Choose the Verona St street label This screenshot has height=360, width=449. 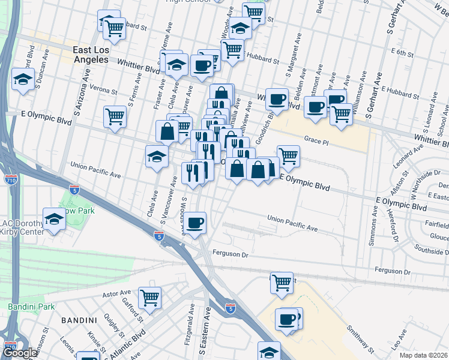(x=103, y=91)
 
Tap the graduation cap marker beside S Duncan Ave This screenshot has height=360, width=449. (x=23, y=79)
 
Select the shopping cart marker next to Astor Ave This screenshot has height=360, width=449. (x=149, y=296)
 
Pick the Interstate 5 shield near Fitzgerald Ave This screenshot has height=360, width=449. (x=231, y=308)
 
